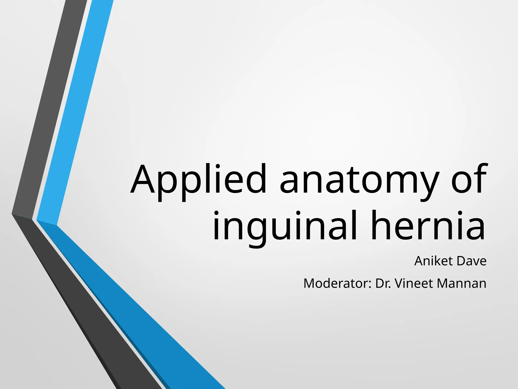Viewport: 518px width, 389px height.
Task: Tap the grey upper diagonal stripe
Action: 51,106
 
